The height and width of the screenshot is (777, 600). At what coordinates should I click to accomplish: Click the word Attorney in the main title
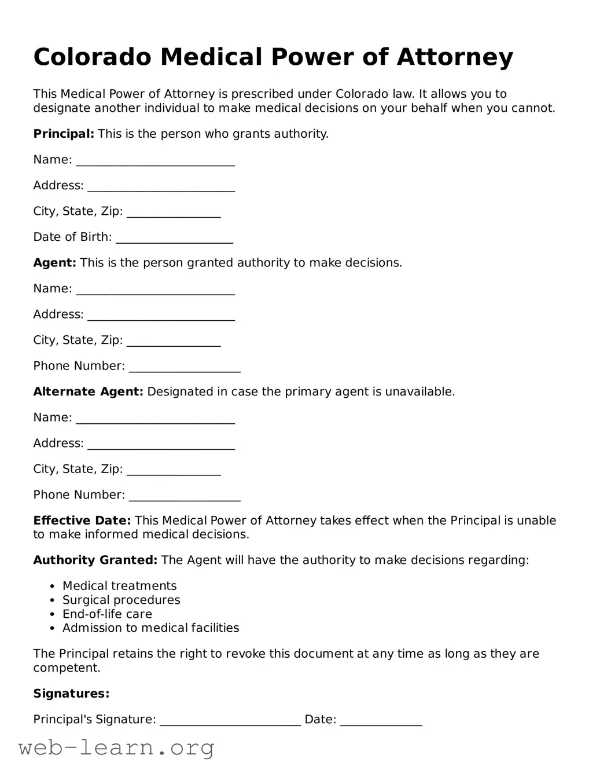pos(455,57)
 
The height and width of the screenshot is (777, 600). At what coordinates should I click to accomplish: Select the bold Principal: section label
pos(64,134)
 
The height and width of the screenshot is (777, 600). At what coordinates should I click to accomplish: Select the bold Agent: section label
pos(54,263)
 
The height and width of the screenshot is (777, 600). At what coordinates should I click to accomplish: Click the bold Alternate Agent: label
pos(88,392)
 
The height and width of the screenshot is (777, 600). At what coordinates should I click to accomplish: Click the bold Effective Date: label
pos(82,521)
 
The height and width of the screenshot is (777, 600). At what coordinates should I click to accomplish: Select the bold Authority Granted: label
pos(95,560)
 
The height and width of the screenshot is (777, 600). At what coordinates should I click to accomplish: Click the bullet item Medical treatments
pos(119,586)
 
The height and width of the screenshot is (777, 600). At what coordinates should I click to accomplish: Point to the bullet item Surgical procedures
pos(121,600)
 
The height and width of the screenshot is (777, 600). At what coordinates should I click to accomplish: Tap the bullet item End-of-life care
pos(107,614)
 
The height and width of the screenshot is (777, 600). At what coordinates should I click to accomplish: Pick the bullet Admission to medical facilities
pos(150,628)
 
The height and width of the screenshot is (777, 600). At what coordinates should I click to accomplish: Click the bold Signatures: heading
pos(71,694)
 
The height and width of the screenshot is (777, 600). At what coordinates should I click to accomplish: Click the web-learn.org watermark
pos(116,748)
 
